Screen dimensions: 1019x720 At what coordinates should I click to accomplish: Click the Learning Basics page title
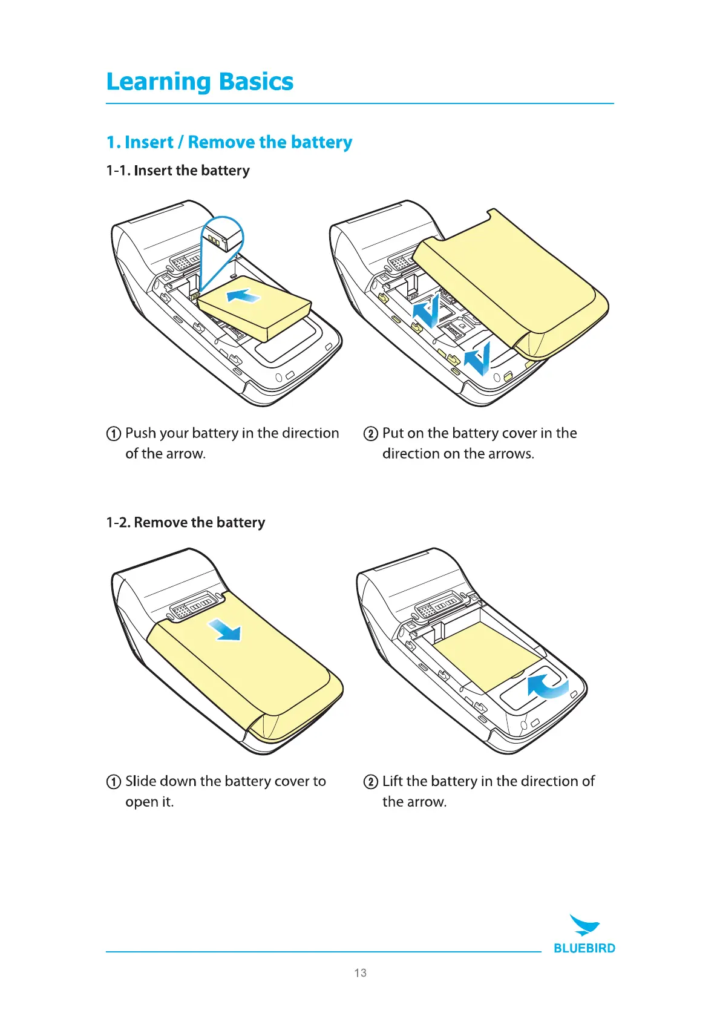(200, 82)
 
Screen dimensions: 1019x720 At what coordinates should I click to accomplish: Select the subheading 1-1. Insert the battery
(178, 171)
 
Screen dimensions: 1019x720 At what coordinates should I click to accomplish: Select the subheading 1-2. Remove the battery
(186, 522)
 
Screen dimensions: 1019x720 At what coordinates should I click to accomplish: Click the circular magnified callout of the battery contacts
(221, 236)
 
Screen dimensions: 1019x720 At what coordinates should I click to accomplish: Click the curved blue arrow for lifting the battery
(546, 686)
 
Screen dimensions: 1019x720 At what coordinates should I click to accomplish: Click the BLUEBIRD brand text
(584, 948)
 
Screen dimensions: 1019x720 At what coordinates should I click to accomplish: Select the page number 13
(360, 973)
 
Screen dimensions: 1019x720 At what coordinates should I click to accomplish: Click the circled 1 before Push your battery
(113, 434)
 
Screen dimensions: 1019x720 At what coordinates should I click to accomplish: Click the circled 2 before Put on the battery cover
(370, 434)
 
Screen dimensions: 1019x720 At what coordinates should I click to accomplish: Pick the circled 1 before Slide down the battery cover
(113, 782)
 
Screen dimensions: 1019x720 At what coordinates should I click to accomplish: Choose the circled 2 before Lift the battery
(370, 782)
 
